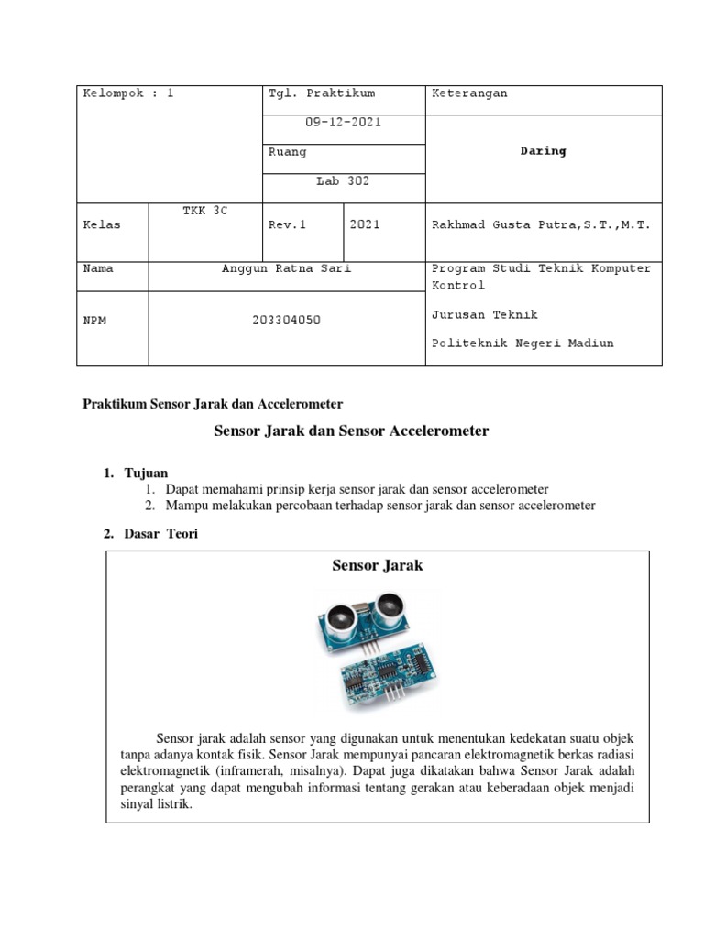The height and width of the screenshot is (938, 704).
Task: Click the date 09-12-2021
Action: click(x=343, y=122)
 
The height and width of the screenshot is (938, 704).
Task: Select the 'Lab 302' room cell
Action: click(x=343, y=181)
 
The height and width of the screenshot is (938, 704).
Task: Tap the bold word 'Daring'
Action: click(x=543, y=151)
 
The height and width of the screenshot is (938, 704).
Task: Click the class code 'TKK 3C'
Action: click(x=204, y=211)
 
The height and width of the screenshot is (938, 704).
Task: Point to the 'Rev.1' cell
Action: click(x=285, y=225)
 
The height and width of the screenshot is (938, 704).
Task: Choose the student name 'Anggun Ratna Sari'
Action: click(x=286, y=269)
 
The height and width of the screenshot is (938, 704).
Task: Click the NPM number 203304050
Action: click(x=286, y=321)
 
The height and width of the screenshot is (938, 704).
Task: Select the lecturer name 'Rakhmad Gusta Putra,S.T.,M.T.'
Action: click(x=541, y=225)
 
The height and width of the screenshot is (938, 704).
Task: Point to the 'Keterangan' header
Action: click(x=469, y=93)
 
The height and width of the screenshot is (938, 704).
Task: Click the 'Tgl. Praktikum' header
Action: click(x=321, y=93)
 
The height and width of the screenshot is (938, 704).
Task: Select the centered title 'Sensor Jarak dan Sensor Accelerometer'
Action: click(x=351, y=431)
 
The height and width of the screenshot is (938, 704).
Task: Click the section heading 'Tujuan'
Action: click(x=146, y=473)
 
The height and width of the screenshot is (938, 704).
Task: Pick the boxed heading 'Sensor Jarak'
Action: click(x=377, y=566)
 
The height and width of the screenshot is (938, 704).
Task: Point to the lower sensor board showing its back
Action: click(x=385, y=674)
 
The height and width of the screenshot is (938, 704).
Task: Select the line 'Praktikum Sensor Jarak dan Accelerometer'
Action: click(x=213, y=403)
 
